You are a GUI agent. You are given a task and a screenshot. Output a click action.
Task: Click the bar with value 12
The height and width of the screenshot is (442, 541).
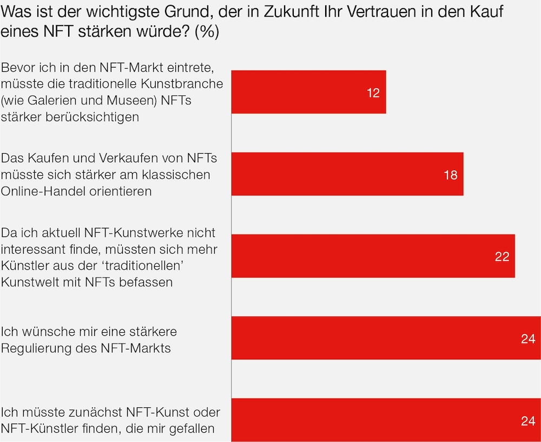coord(308,92)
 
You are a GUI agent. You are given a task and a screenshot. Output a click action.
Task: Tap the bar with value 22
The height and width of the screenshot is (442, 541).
coord(373,256)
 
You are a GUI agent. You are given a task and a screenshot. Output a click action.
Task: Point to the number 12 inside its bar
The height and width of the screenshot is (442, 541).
coord(373,93)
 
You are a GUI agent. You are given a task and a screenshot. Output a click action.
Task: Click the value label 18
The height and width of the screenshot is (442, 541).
coord(450,175)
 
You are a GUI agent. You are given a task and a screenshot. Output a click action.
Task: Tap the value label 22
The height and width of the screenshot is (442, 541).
coord(502,256)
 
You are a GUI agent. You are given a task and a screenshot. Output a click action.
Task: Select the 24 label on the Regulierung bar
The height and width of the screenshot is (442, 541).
coord(528,339)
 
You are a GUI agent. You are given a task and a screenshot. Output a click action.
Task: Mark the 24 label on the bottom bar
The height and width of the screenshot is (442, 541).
coord(528,420)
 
